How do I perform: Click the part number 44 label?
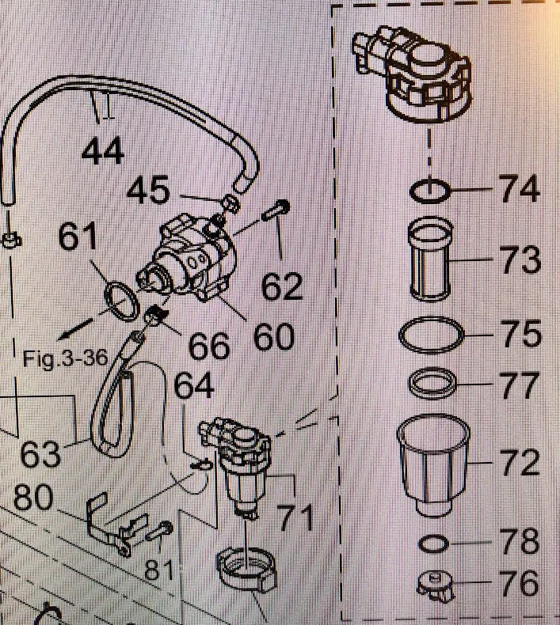pyautogui.click(x=103, y=150)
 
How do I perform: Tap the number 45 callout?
pyautogui.click(x=149, y=190)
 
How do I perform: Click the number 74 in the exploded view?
pyautogui.click(x=519, y=189)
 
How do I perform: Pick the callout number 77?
pyautogui.click(x=519, y=388)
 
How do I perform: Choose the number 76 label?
pyautogui.click(x=519, y=585)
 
